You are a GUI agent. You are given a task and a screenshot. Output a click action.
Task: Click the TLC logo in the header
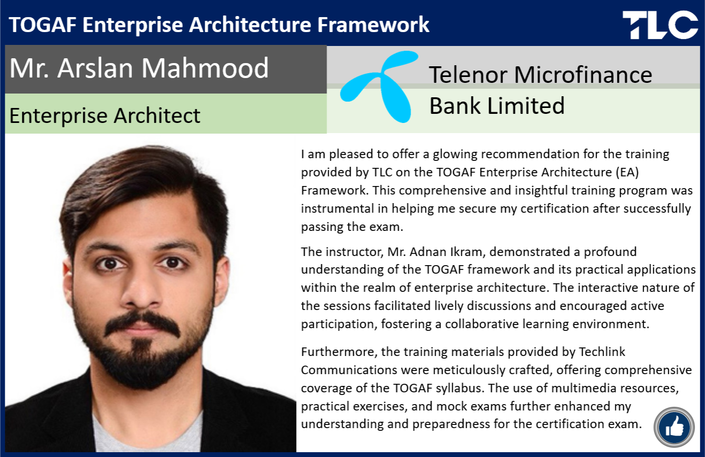660,25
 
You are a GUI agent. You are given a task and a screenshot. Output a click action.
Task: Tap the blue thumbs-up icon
674,428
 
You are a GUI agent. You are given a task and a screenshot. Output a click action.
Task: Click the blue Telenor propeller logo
379,87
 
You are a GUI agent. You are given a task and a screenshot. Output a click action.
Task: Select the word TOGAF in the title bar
42,25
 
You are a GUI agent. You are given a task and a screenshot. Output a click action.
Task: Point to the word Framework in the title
373,25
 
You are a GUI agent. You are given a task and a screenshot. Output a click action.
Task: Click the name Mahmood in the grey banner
205,68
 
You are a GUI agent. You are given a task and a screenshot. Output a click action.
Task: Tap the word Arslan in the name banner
95,68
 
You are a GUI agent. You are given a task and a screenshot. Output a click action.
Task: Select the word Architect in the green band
157,115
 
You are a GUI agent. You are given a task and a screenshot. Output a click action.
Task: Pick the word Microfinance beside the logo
583,75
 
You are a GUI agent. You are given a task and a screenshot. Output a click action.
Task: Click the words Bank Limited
497,106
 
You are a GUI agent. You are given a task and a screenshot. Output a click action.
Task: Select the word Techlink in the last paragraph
602,352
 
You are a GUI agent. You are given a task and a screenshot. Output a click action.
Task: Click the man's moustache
142,323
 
